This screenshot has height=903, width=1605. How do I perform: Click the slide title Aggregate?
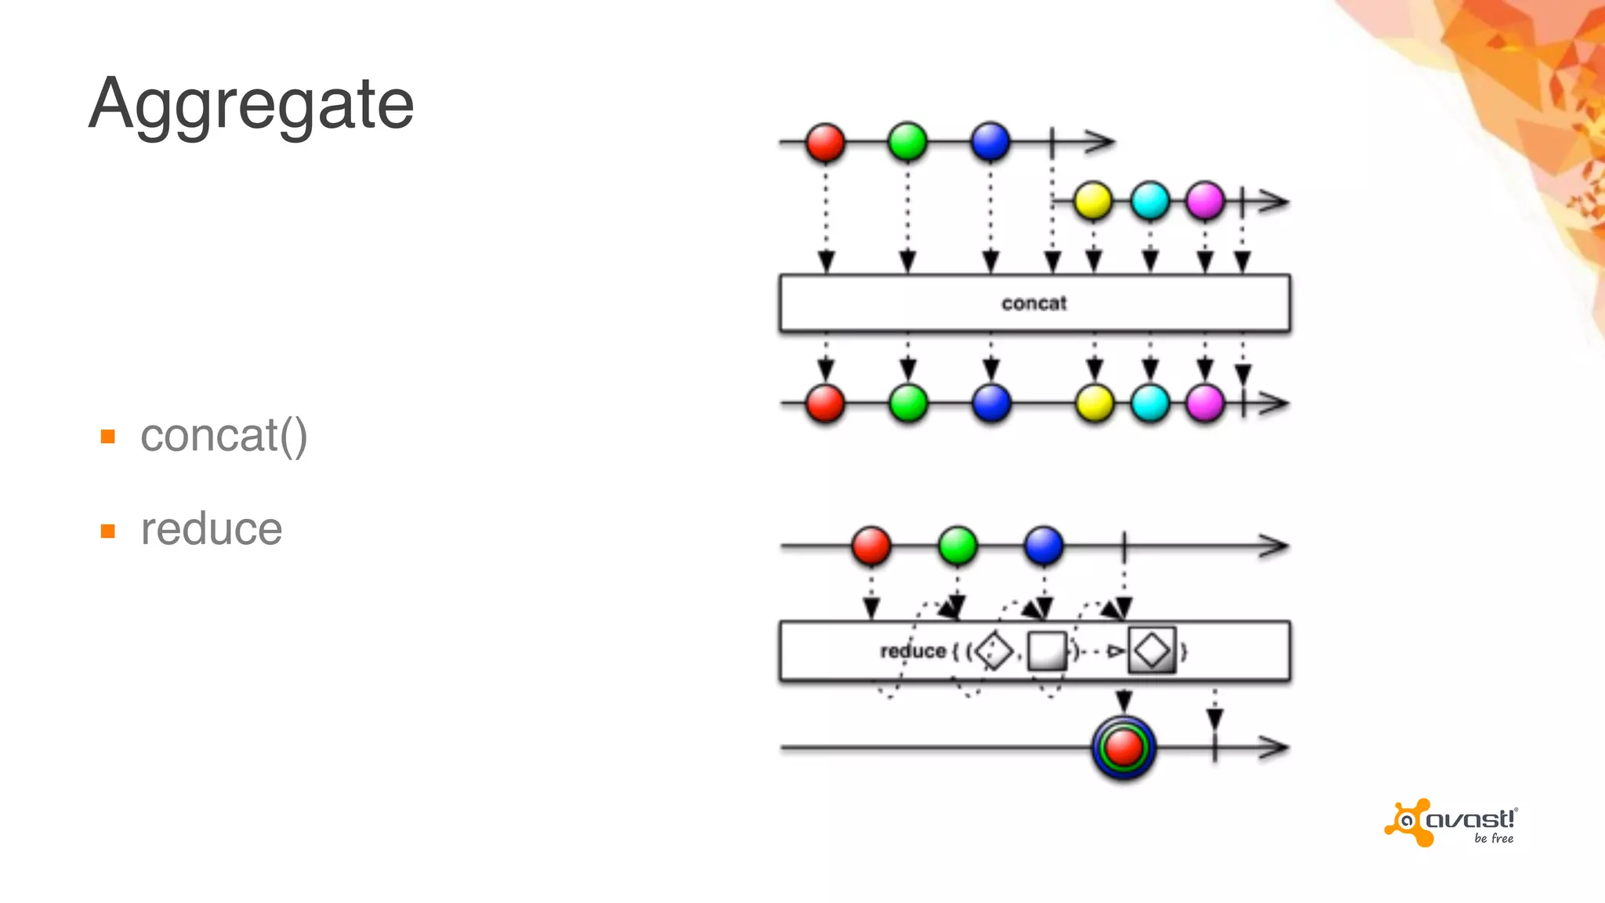[251, 104]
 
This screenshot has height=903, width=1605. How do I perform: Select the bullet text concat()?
[223, 436]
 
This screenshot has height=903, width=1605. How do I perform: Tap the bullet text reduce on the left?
[211, 529]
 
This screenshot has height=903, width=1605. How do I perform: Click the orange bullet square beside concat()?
[108, 437]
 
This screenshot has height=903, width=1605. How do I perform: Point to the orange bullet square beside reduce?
[108, 531]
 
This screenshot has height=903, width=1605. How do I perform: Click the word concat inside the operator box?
[1034, 303]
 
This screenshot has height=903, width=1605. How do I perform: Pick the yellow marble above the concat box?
[1092, 201]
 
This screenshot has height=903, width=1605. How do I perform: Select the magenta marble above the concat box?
[1205, 201]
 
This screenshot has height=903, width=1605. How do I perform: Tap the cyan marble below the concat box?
[1150, 404]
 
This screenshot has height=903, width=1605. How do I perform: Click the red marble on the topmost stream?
[825, 143]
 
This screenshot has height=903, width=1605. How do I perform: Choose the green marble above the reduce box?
[957, 546]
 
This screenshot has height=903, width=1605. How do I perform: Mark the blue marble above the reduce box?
[1043, 546]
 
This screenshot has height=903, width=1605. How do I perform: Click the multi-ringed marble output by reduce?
[1124, 747]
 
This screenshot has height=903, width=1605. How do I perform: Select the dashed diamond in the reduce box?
[995, 651]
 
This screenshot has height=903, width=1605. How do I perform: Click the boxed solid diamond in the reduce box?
[1152, 651]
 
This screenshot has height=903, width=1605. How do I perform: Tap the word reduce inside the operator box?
[913, 651]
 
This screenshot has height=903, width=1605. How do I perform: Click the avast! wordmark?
[1470, 820]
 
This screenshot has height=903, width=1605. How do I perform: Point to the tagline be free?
[1494, 839]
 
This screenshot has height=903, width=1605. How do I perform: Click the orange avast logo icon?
[1408, 822]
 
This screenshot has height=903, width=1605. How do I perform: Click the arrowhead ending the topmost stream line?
[1102, 142]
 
